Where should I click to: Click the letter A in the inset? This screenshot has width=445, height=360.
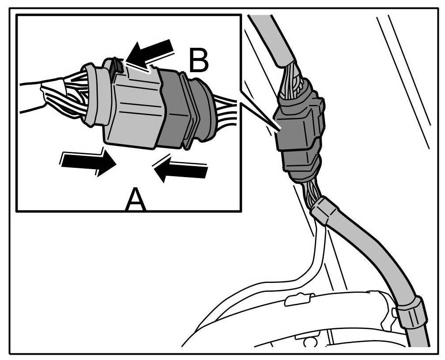coord(135,200)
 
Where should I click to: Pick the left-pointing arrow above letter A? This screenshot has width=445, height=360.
coord(181,169)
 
